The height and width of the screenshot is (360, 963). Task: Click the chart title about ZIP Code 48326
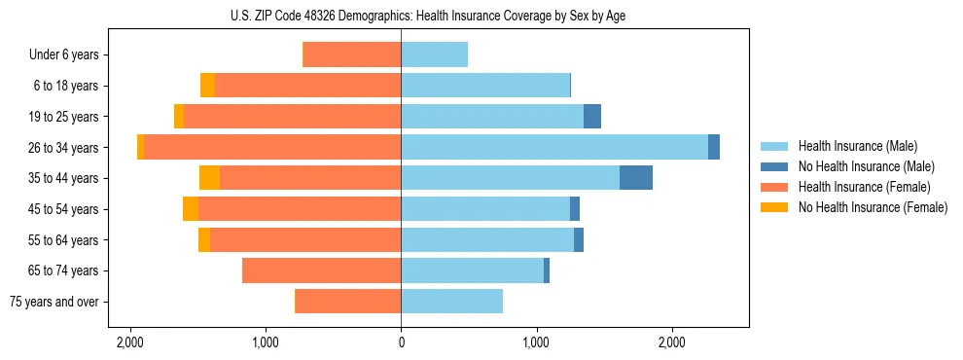[x=401, y=15]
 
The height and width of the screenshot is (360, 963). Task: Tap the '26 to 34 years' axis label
[x=65, y=148]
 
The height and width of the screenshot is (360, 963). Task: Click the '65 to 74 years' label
[x=65, y=270]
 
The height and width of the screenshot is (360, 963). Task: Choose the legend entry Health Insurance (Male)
[x=857, y=146]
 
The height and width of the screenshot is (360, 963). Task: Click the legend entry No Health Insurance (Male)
[x=866, y=166]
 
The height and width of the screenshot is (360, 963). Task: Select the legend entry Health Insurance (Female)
[x=864, y=187]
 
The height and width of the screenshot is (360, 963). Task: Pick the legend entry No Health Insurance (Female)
[x=873, y=207]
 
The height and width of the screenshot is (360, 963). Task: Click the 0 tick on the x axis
[x=401, y=343]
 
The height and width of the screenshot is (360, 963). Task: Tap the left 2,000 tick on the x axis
[x=129, y=343]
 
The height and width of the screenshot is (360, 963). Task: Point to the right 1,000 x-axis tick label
[x=536, y=343]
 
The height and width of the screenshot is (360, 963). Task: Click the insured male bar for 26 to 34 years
[x=554, y=147]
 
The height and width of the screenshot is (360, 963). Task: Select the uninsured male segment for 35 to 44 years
[x=636, y=178]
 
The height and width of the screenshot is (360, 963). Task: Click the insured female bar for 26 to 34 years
[x=272, y=147]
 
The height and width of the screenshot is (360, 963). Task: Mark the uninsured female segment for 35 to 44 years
[x=209, y=178]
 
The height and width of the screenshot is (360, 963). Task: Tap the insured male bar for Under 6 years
[x=434, y=54]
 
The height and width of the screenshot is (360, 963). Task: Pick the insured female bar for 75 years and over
[x=348, y=302]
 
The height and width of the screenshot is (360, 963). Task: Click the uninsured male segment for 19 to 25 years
[x=592, y=117]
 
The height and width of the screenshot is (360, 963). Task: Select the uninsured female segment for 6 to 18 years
[x=207, y=86]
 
